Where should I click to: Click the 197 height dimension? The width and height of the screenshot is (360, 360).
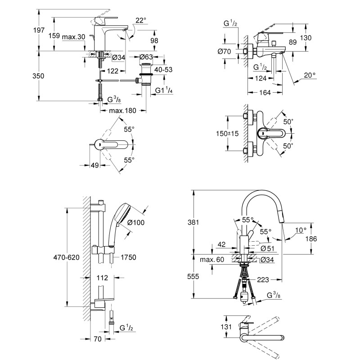coord(39,30)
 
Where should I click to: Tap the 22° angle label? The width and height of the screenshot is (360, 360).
coord(141,20)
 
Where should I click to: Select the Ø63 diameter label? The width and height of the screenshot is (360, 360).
coord(146,57)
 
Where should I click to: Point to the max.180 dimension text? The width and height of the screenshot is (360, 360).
coord(122,111)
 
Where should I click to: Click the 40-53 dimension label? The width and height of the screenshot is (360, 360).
coord(163,69)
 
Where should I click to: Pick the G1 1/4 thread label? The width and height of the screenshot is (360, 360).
coord(164,90)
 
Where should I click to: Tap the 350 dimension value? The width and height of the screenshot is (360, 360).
coord(38,76)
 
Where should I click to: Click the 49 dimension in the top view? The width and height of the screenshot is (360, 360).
coord(94,165)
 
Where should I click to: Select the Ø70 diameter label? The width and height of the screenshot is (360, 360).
coord(224,51)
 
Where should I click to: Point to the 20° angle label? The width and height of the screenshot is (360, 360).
coord(310,75)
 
